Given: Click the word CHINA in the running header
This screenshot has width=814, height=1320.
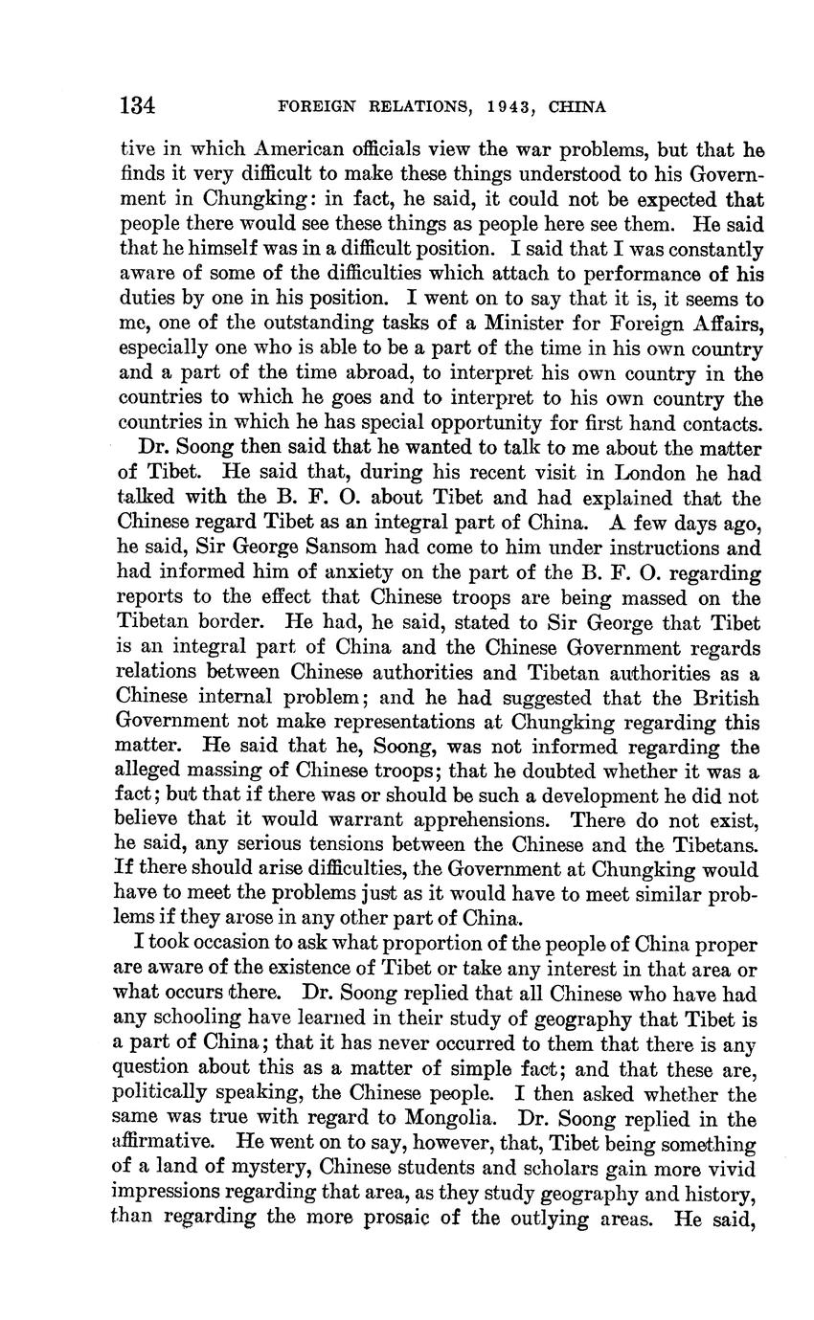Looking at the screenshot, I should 577,107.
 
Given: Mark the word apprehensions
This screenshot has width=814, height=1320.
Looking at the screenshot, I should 479,821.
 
